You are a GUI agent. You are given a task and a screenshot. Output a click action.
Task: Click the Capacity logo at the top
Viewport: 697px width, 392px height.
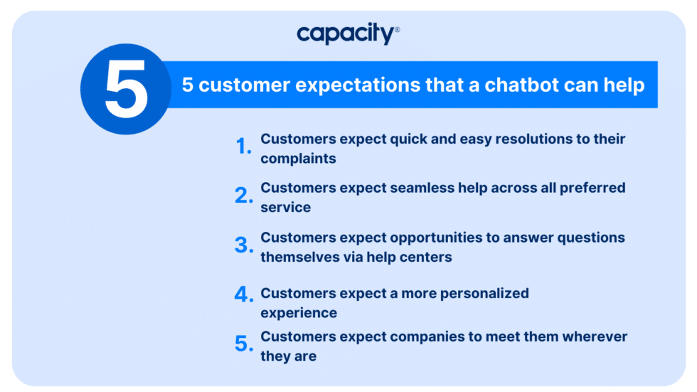click(x=346, y=34)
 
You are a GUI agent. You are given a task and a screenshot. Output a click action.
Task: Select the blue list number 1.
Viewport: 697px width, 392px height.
click(x=243, y=147)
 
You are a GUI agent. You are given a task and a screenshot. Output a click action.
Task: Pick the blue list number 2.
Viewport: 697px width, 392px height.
click(x=244, y=196)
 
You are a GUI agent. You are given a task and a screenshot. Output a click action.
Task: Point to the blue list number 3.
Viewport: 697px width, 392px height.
click(x=244, y=246)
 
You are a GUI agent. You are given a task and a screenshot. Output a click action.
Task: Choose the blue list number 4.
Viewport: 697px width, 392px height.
click(x=244, y=295)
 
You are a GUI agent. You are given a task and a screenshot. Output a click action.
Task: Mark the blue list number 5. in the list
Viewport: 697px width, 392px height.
click(x=244, y=344)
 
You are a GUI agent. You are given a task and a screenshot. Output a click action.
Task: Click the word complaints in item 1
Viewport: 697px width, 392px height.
click(x=298, y=159)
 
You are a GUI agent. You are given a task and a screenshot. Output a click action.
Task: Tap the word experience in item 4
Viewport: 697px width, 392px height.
click(x=298, y=313)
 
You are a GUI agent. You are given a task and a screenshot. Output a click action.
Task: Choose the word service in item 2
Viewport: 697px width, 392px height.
click(x=285, y=208)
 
